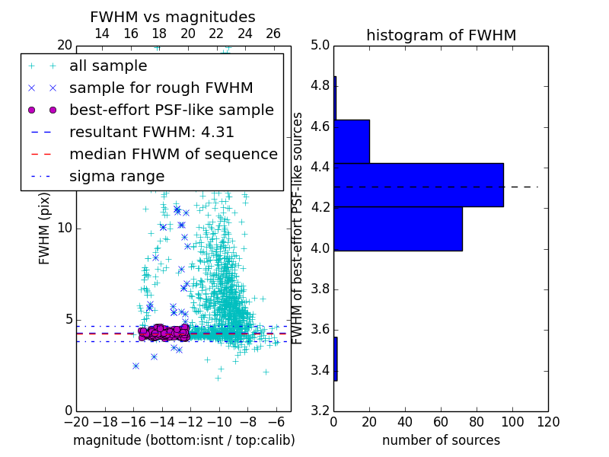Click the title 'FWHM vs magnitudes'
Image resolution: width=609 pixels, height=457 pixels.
(x=173, y=18)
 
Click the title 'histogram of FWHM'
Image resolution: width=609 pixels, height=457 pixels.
(x=441, y=35)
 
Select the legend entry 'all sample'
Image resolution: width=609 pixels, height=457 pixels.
(x=108, y=66)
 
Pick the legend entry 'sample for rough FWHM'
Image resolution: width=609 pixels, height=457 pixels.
(x=161, y=88)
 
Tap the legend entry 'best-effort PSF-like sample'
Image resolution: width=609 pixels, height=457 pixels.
(x=171, y=110)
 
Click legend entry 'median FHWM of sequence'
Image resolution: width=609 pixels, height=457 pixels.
(x=173, y=154)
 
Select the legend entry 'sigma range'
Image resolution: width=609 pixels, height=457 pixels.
(x=116, y=176)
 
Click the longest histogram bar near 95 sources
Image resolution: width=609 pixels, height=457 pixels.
(x=419, y=185)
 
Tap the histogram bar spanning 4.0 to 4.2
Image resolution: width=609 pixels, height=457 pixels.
(x=398, y=228)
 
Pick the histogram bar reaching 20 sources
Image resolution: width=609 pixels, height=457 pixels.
(x=352, y=141)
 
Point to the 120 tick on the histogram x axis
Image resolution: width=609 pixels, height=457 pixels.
(x=547, y=420)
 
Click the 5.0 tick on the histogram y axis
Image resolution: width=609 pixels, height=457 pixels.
(x=320, y=45)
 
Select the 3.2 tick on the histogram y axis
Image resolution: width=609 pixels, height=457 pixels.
(x=320, y=411)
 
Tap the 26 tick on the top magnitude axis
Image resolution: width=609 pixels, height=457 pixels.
(x=273, y=34)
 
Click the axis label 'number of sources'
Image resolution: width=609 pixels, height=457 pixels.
(x=441, y=440)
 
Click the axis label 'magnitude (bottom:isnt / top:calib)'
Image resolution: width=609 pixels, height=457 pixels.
(x=183, y=440)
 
